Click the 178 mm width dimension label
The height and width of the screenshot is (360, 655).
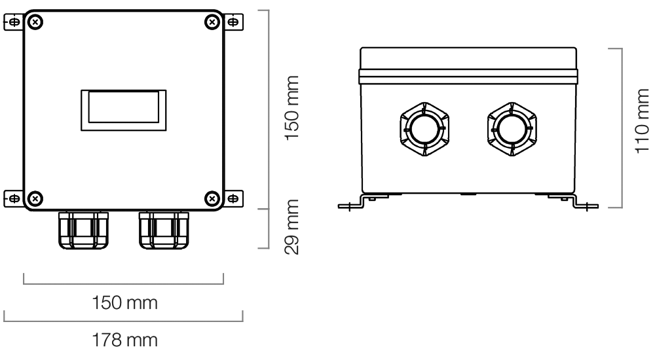pyautogui.click(x=124, y=341)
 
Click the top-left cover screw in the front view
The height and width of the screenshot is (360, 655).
pyautogui.click(x=37, y=22)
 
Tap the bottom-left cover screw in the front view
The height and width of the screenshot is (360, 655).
pyautogui.click(x=37, y=197)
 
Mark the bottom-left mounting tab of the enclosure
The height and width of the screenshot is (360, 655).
pyautogui.click(x=13, y=197)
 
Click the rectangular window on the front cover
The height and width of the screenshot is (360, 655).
pyautogui.click(x=124, y=107)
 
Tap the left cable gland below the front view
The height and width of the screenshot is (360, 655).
pyautogui.click(x=82, y=229)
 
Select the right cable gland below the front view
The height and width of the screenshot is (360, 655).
pyautogui.click(x=164, y=229)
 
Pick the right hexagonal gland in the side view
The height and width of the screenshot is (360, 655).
pyautogui.click(x=512, y=129)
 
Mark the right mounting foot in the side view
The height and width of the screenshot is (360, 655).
pyautogui.click(x=582, y=206)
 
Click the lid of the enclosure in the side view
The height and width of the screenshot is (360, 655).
pyautogui.click(x=469, y=63)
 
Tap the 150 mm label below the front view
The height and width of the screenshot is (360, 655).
pyautogui.click(x=124, y=304)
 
